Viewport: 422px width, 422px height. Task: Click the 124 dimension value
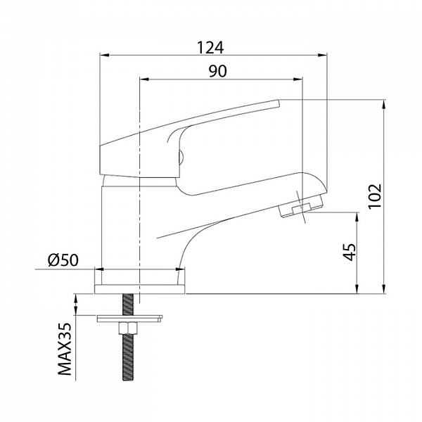(x=210, y=48)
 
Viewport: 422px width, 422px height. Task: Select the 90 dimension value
(x=218, y=71)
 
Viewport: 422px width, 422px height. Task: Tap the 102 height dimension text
(x=375, y=196)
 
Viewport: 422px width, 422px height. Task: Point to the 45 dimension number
(x=350, y=252)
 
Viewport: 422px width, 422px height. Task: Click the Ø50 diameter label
(x=63, y=260)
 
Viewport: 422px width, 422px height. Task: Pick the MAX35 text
(x=65, y=349)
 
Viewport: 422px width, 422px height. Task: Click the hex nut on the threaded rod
(x=128, y=328)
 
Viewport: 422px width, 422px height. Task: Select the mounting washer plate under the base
(x=129, y=319)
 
